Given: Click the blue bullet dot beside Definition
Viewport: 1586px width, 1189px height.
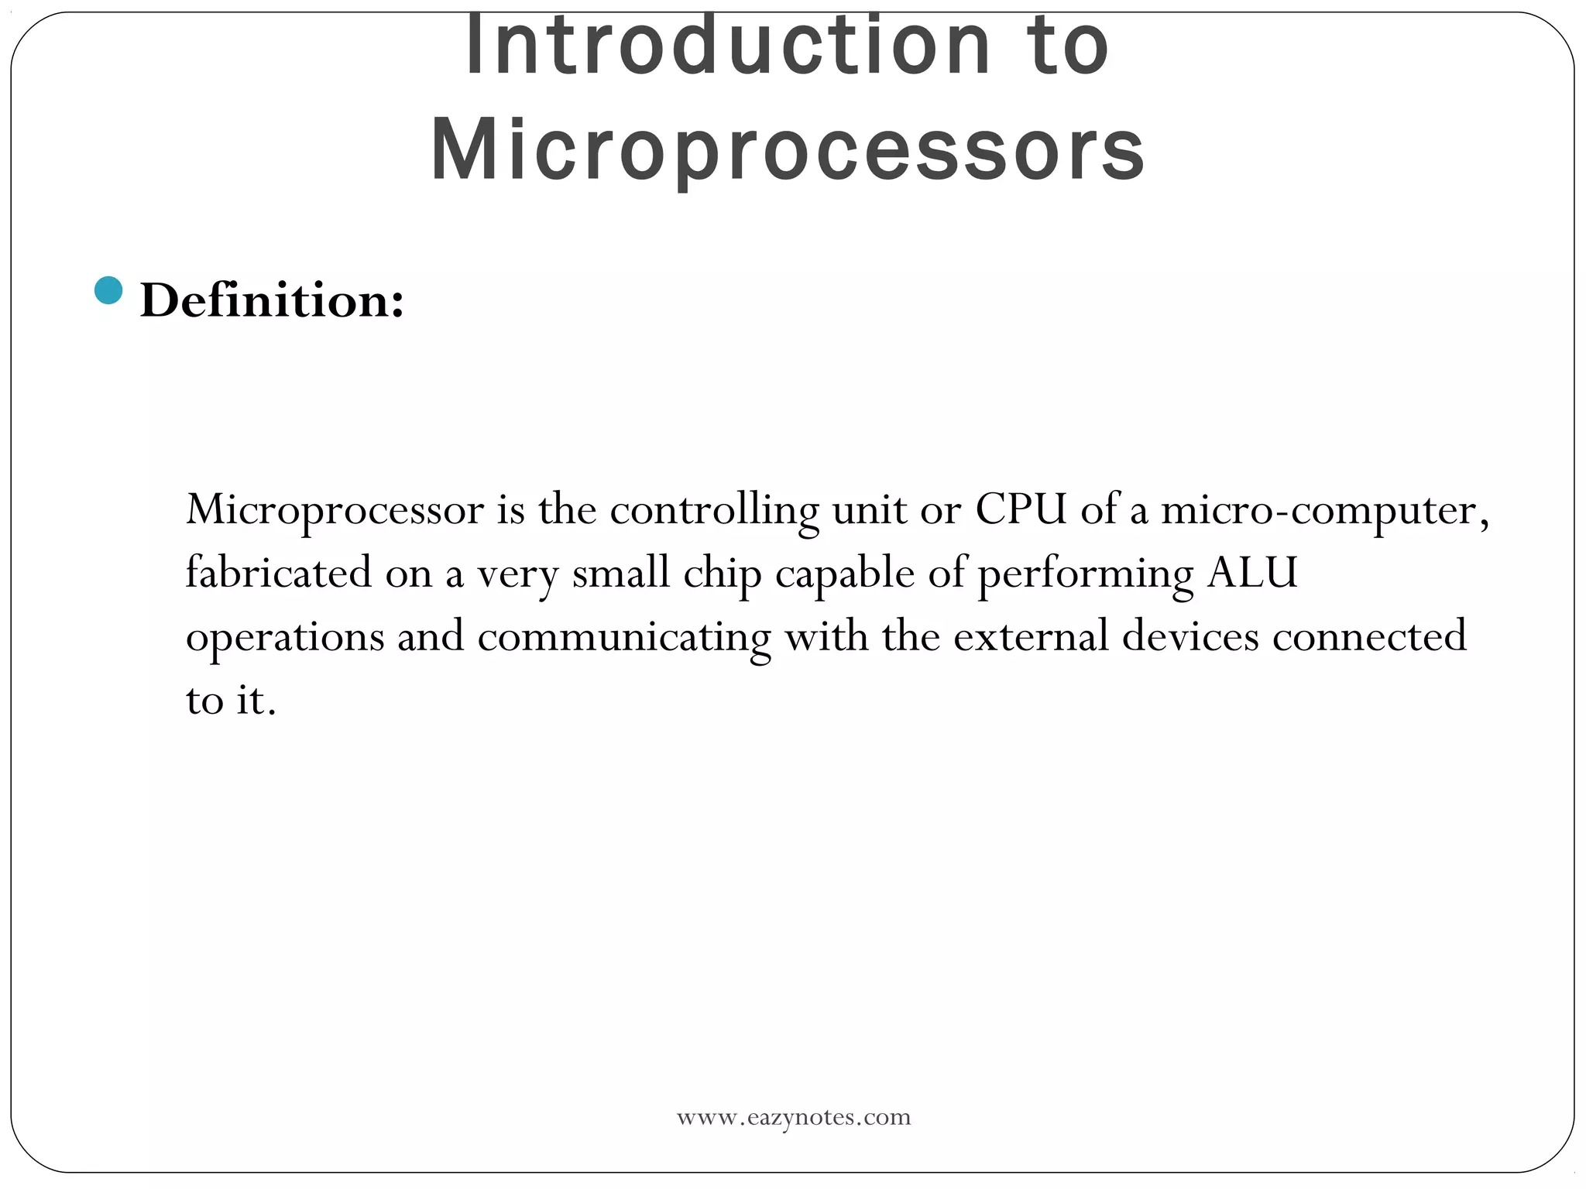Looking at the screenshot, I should click(x=108, y=290).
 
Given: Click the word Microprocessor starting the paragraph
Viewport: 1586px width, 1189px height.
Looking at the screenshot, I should click(x=335, y=511).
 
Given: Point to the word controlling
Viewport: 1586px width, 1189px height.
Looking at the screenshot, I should click(x=714, y=511).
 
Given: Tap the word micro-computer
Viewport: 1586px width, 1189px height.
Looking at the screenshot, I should click(x=1324, y=511).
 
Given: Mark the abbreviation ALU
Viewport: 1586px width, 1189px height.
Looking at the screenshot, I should click(x=1251, y=573).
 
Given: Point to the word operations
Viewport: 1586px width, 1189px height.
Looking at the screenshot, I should click(x=285, y=638).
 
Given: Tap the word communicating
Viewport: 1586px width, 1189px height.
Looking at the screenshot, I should click(x=624, y=638).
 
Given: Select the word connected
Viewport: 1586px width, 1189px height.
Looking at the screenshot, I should click(x=1369, y=636).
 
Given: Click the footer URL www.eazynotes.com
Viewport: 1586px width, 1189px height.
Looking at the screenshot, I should click(x=794, y=1117).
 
